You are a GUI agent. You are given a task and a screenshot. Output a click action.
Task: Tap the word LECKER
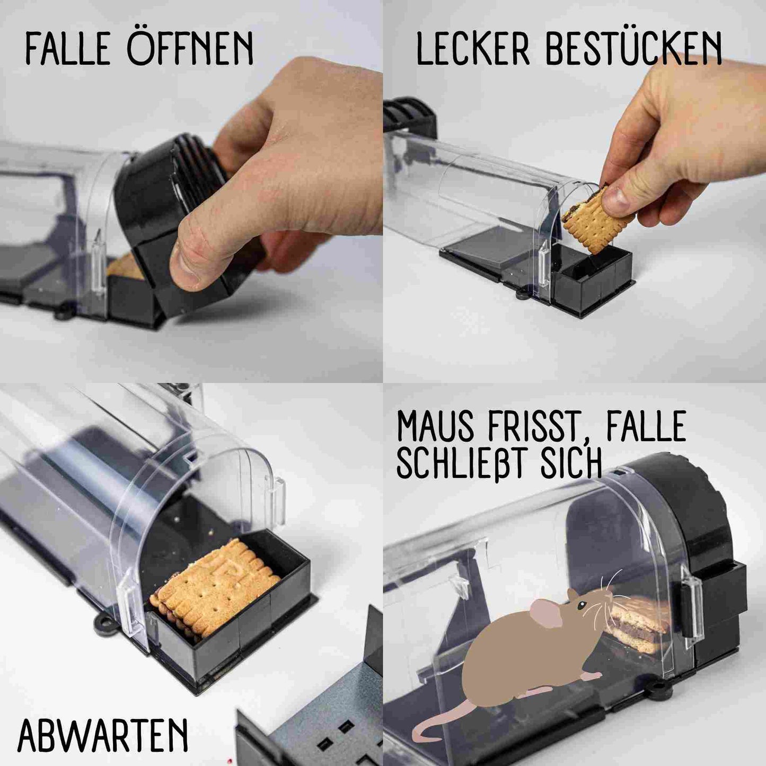pos(473,50)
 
